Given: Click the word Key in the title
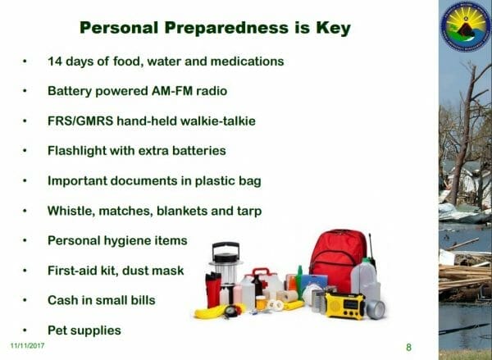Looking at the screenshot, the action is (x=333, y=28).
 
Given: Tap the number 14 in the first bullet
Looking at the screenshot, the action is (x=55, y=61).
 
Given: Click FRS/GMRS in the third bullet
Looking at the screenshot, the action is (x=80, y=121).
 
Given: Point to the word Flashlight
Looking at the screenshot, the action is (x=77, y=151).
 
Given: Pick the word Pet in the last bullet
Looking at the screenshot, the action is (x=57, y=330).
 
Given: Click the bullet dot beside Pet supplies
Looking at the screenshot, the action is (x=25, y=330).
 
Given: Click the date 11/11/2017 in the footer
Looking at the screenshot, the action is (x=28, y=345).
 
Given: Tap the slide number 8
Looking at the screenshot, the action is (x=408, y=347).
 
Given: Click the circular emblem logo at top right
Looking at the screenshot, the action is (x=466, y=26).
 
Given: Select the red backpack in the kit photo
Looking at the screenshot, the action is (x=337, y=260).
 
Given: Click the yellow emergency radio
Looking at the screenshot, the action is (x=345, y=305).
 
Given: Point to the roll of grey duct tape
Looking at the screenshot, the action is (x=376, y=309).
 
